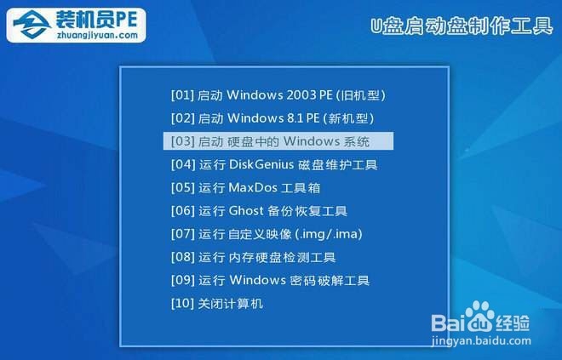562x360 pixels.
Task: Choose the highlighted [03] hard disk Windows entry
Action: tap(278, 140)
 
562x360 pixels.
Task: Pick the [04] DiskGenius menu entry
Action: tap(273, 164)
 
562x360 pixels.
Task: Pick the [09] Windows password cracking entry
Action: tap(270, 280)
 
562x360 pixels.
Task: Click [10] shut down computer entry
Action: tap(217, 303)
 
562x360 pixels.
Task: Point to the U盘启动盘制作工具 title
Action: tap(462, 26)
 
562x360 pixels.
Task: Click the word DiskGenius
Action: tap(261, 164)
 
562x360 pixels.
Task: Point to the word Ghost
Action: tap(246, 210)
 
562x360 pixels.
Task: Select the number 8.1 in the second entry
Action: tap(293, 117)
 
